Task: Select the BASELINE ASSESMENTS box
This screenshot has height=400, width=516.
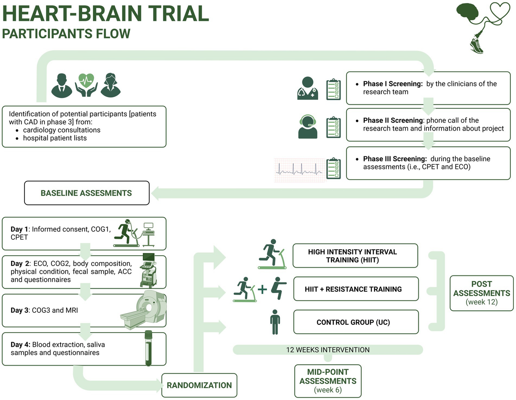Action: (86, 193)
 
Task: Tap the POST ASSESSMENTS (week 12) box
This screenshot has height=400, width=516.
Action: (481, 293)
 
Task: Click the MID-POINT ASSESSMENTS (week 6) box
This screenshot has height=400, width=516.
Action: (328, 381)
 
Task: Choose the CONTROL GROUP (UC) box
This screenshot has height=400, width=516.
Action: (356, 322)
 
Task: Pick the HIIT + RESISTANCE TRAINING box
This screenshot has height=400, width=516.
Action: (356, 289)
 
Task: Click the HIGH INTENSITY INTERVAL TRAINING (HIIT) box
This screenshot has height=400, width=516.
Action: (356, 256)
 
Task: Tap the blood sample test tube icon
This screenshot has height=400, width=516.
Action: (148, 348)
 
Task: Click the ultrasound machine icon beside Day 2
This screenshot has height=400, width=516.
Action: (149, 270)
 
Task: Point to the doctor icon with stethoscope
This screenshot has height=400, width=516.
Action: (308, 89)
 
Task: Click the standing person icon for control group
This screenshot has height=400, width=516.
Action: (274, 322)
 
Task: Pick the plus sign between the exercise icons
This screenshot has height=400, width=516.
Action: (263, 289)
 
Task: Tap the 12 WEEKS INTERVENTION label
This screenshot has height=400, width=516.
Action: (328, 350)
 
